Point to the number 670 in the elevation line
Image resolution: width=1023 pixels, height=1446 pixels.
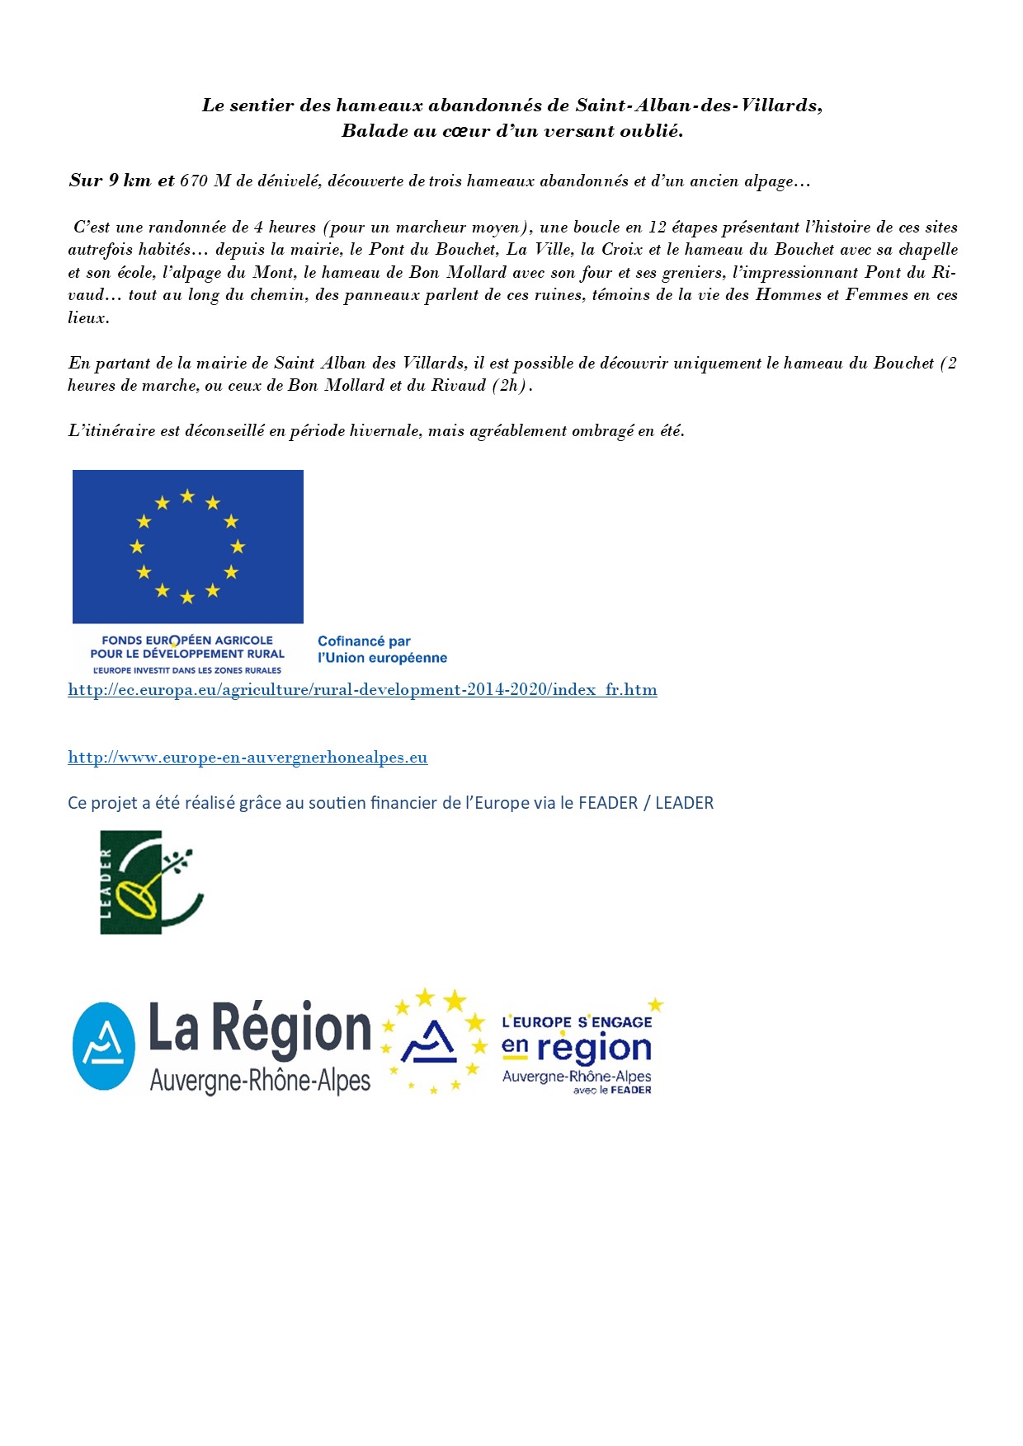tap(194, 181)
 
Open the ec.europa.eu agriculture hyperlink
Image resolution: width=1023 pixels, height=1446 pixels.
tap(362, 690)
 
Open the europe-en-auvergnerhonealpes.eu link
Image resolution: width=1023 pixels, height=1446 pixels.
tap(247, 758)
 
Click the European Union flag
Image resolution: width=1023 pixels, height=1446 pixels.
tap(188, 547)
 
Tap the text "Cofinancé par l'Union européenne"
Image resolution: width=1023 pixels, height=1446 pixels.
tap(382, 650)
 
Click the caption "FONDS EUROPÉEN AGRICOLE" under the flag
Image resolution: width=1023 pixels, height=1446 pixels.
tap(187, 641)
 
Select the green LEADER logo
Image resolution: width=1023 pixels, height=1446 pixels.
tap(151, 882)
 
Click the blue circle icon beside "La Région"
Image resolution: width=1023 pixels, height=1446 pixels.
tap(104, 1046)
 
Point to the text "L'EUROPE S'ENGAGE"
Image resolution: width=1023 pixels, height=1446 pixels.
tap(577, 1022)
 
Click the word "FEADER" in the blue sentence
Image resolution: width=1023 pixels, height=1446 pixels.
tap(608, 803)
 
